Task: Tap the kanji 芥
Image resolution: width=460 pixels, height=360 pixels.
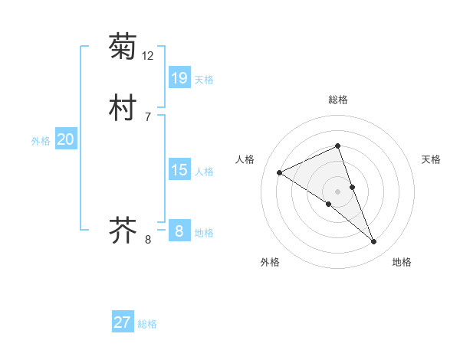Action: click(123, 229)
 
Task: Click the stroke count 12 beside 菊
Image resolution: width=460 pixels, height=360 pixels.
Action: click(148, 56)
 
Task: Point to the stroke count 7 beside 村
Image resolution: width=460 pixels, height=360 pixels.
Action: click(147, 117)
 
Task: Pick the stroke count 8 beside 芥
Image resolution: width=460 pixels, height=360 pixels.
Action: click(148, 240)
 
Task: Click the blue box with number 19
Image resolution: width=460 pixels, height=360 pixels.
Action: click(179, 77)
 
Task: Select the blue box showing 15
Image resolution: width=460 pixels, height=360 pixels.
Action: click(179, 169)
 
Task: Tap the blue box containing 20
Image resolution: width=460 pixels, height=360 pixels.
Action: click(65, 139)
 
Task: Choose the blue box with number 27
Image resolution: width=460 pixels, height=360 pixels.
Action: click(123, 322)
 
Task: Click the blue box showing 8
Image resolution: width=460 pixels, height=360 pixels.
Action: click(179, 231)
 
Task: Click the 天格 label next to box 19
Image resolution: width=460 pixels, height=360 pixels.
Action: click(204, 80)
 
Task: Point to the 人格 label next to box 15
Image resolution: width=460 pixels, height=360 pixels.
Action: click(204, 172)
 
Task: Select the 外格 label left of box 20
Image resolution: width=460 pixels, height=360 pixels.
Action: click(41, 141)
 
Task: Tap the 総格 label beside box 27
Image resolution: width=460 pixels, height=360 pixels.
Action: click(147, 324)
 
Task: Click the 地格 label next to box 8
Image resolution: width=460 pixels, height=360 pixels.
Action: click(204, 233)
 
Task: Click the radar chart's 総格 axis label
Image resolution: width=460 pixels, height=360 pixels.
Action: click(338, 100)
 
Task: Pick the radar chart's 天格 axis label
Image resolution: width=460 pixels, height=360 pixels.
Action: click(432, 159)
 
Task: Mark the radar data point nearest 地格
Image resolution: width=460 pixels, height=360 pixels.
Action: click(374, 242)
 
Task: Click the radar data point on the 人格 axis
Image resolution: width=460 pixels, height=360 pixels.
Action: click(279, 172)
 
